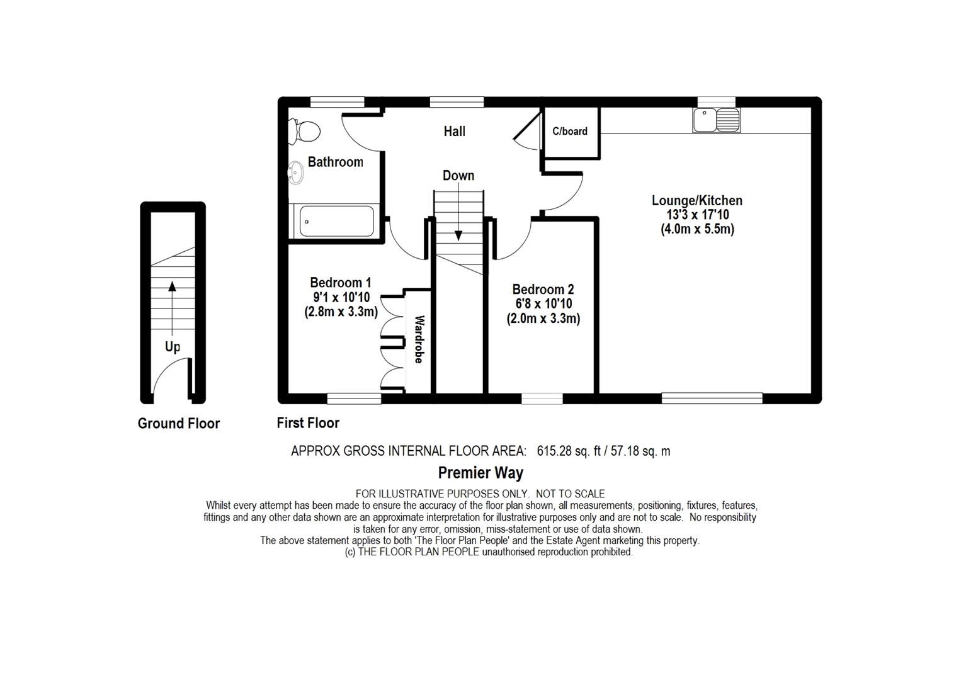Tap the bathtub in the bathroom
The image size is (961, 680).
point(336,222)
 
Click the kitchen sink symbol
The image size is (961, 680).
point(717,120)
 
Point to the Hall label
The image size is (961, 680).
point(454,131)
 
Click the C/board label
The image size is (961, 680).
point(570,131)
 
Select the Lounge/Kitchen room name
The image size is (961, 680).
point(697,200)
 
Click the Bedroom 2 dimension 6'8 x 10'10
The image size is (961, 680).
point(542,303)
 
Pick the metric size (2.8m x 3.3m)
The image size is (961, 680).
point(341,311)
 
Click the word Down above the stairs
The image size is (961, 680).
point(458,175)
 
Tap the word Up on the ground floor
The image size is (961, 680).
point(172,346)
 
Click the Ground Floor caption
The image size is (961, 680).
point(179,423)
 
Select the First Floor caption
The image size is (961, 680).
point(308,422)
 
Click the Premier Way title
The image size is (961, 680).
point(480,472)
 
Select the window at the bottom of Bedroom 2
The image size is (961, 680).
point(542,398)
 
